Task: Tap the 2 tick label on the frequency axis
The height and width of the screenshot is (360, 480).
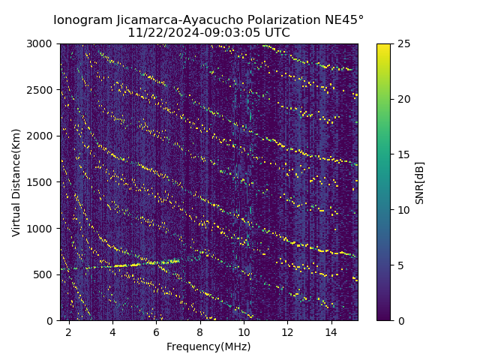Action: (x=69, y=331)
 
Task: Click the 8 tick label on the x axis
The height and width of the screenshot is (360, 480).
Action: (x=200, y=331)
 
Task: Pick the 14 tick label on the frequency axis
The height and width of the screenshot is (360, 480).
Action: (x=331, y=331)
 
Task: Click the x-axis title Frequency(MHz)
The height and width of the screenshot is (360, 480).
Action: (x=208, y=346)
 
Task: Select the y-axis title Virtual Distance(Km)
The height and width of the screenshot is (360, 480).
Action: (x=16, y=182)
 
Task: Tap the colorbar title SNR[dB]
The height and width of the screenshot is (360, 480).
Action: (x=420, y=182)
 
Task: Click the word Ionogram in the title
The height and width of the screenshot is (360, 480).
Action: (x=82, y=19)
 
